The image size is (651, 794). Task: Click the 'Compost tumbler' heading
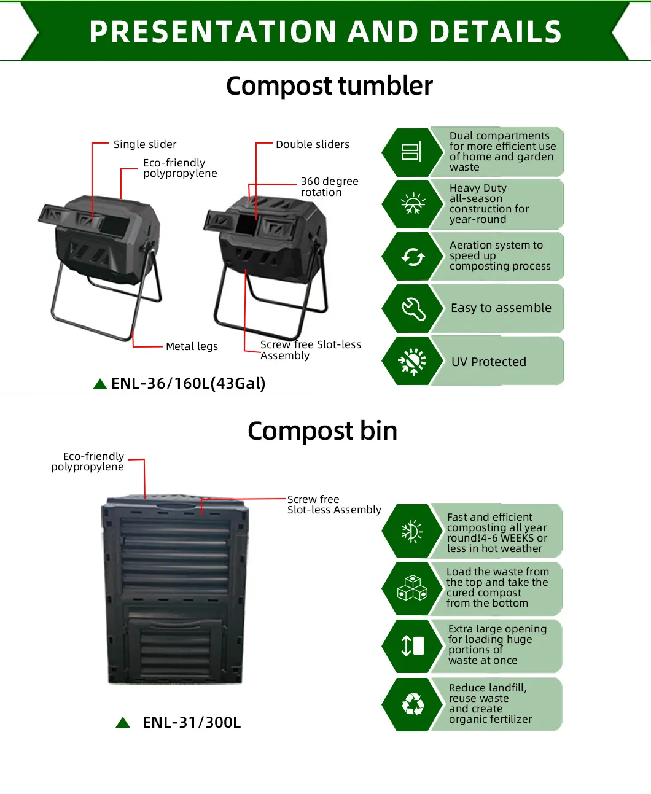click(329, 86)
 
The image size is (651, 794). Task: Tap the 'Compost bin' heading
click(322, 431)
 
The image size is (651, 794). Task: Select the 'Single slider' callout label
click(145, 144)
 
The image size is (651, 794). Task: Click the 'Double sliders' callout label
click(312, 144)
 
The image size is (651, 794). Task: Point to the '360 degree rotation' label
click(329, 187)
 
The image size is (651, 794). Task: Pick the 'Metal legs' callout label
click(192, 346)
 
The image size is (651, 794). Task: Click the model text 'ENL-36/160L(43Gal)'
click(188, 384)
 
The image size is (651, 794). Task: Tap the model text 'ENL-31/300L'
click(192, 723)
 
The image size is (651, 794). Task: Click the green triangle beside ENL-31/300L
click(123, 723)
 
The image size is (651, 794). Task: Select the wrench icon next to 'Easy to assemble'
click(413, 308)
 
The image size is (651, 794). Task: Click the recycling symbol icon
click(413, 704)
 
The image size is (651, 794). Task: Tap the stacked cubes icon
click(412, 588)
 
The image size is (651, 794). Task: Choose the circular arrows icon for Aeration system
click(413, 257)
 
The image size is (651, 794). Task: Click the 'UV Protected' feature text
click(489, 362)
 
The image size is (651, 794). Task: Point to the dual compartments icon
click(411, 152)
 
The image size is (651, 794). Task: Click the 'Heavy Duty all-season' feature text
click(489, 204)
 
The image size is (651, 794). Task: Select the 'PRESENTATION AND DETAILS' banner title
click(325, 32)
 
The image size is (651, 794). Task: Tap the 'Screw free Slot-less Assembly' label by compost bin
click(333, 505)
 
